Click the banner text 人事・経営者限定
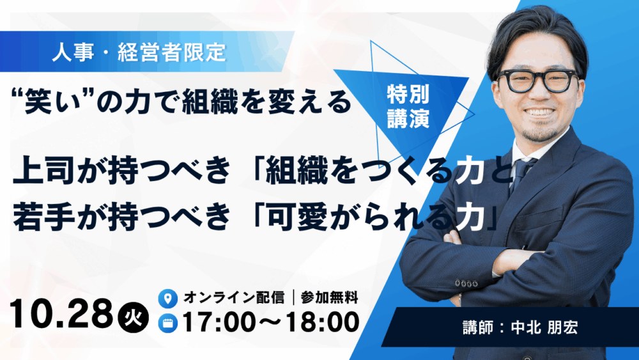(139, 52)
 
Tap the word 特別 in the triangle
(408, 95)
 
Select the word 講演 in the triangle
(408, 119)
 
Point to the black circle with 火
(134, 317)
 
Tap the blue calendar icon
(167, 324)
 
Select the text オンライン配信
(234, 297)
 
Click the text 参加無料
(329, 297)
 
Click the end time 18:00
(322, 322)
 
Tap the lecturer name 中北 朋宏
(544, 327)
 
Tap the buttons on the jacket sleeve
(466, 283)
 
